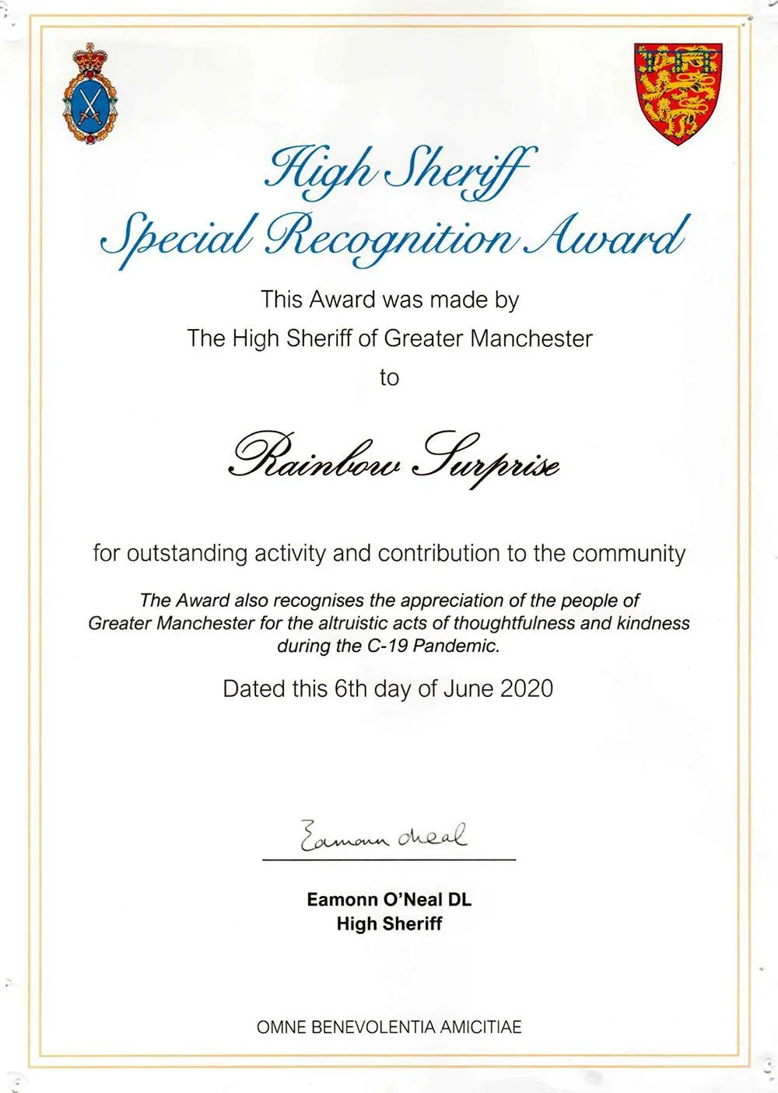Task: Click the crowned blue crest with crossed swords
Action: pos(90,95)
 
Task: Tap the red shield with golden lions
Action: pos(678,93)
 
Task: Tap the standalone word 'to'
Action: pos(389,378)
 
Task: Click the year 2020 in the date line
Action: pos(527,688)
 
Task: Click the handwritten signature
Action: pos(384,836)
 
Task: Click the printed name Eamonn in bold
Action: pos(342,900)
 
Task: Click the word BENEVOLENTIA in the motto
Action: pos(374,1027)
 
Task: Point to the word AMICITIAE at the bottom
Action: pos(481,1027)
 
